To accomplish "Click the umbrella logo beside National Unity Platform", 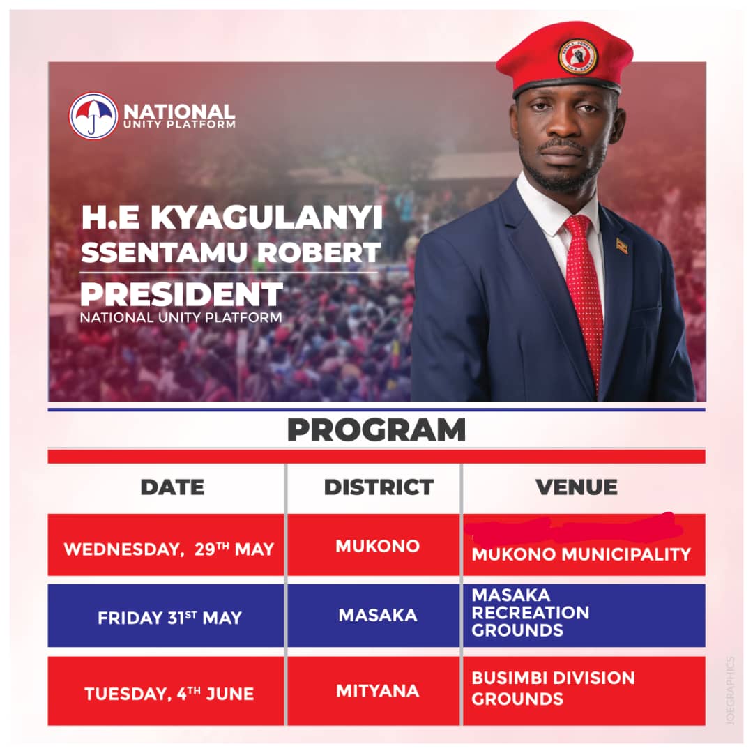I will coord(93,116).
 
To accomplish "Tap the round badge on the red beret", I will coord(578,56).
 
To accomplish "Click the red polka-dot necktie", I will coord(584,293).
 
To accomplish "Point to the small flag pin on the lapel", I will coord(621,246).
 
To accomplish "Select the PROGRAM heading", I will coord(376,430).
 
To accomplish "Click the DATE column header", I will coord(172,487).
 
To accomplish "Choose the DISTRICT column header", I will coord(379,487).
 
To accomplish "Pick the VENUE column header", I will coord(577,487).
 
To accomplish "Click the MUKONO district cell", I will coord(378,545).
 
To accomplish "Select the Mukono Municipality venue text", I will coord(581,554).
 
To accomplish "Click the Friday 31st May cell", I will coord(169,618).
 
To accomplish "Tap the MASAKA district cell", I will coord(378,615).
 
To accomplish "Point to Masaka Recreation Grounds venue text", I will coord(531,613).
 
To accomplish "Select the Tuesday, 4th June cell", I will coord(169,694).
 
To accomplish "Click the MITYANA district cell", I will coord(378,691).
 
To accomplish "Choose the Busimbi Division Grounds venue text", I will coord(553,688).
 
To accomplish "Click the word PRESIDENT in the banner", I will coord(182,295).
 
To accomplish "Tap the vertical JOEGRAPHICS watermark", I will coord(730,690).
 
